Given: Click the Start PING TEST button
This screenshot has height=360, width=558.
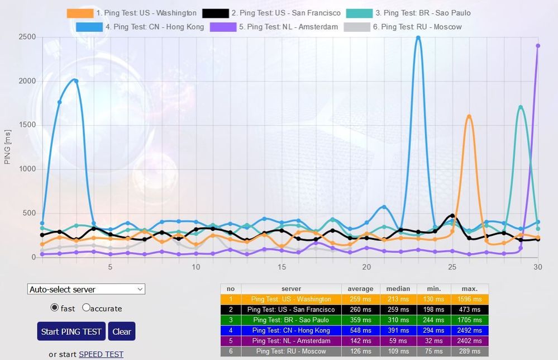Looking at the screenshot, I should coord(71,331).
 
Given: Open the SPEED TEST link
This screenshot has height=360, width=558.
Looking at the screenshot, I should coord(101,354).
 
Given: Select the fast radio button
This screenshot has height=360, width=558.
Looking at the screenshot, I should coord(55,307).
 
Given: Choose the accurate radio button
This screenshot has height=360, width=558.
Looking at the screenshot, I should coord(87,307).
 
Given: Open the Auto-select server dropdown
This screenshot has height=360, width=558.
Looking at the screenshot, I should coord(86,289).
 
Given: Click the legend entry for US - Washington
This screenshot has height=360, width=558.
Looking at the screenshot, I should coord(132,13).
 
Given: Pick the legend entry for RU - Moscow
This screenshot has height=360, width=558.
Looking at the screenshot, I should coord(403,26).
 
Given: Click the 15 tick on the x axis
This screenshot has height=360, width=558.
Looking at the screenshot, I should coord(282,267).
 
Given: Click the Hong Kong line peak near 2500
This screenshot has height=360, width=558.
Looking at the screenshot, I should coord(418,38).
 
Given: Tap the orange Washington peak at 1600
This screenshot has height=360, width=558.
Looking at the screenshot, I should coord(469,117).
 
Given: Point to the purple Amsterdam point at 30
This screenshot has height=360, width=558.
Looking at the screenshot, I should coord(538,46).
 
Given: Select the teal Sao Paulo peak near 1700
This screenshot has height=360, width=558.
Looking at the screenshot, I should coord(521,107).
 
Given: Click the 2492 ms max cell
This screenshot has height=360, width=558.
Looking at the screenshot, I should coord(469,330).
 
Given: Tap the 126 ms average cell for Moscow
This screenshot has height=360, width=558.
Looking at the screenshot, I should coord(360,352).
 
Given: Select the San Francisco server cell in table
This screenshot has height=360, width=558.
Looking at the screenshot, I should coord(291,309).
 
